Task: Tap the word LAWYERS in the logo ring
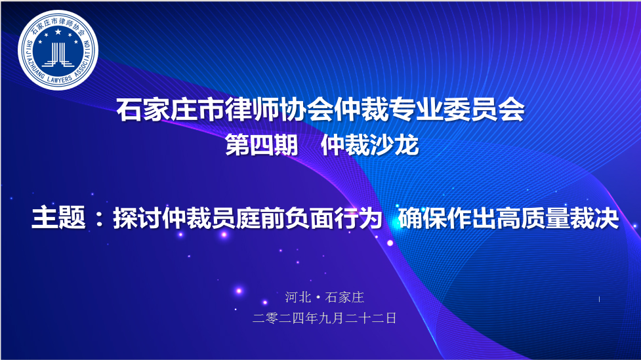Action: [x=59, y=79]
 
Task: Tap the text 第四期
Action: [x=262, y=145]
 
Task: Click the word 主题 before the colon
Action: [x=58, y=218]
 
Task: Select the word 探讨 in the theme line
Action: [x=137, y=218]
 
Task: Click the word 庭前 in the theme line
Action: [x=260, y=218]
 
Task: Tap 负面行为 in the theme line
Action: [x=334, y=218]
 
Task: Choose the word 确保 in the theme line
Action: [x=423, y=218]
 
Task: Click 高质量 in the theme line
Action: [x=533, y=218]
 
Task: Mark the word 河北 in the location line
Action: [x=298, y=297]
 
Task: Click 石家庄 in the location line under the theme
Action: [x=344, y=297]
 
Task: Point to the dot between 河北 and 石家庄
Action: [x=318, y=298]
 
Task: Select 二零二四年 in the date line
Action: [x=285, y=318]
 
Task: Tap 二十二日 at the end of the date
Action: [x=371, y=318]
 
